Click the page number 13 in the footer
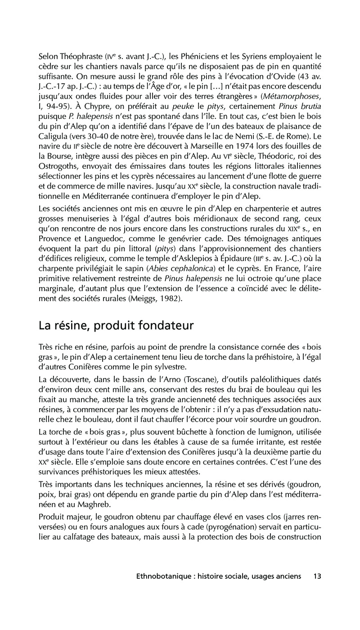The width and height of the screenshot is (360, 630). point(317,588)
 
